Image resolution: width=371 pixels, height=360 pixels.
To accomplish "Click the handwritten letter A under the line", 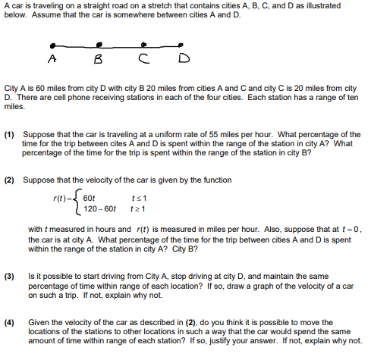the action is (x=52, y=58).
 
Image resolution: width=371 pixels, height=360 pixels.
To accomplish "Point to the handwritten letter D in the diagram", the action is (x=183, y=59).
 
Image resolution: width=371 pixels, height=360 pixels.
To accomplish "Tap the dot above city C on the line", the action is (x=152, y=43).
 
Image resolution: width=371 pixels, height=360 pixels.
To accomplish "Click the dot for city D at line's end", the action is (x=181, y=43).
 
